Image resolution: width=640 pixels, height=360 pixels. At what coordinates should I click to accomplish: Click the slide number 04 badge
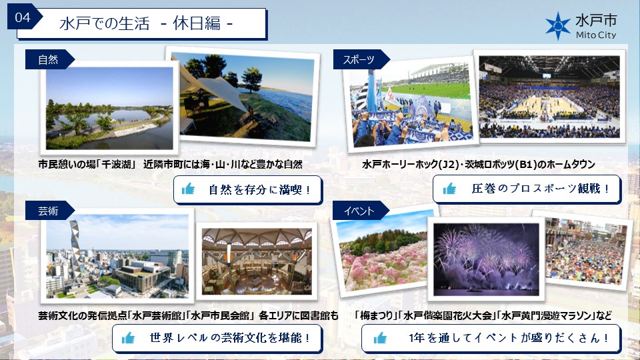click(x=23, y=17)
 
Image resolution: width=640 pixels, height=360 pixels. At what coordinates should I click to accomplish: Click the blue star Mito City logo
click(x=557, y=26)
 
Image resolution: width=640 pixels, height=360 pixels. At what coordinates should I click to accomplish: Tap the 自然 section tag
click(x=49, y=59)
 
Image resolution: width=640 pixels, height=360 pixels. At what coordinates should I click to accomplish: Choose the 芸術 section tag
click(x=49, y=211)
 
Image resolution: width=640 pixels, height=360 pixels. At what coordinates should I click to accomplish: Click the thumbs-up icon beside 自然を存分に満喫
click(x=188, y=189)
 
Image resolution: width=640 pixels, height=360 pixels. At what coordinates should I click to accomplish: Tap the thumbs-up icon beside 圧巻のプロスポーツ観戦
click(x=449, y=189)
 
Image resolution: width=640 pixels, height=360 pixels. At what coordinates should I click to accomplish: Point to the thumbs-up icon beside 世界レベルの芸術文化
click(x=128, y=338)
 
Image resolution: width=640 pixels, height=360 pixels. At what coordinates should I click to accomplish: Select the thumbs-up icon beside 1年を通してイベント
click(x=379, y=338)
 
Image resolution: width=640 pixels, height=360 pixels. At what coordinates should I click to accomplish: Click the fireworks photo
click(x=486, y=259)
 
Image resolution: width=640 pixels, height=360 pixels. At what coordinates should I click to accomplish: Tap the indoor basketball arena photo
click(x=549, y=97)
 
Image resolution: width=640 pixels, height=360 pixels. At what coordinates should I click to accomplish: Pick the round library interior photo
click(x=257, y=261)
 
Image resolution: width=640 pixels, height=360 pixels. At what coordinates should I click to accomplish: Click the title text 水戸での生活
click(x=105, y=23)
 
